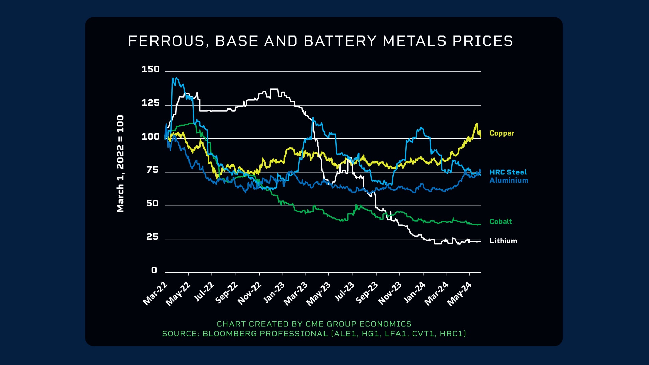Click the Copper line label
tap(502, 133)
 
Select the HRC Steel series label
tap(508, 172)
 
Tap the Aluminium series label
tap(509, 180)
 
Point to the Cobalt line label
tap(501, 222)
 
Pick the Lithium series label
tap(503, 241)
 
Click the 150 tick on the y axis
tap(150, 69)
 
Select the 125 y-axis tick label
tap(150, 103)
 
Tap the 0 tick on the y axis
tap(154, 270)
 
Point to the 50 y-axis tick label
tap(152, 203)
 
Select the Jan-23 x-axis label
tap(274, 293)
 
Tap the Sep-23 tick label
tap(367, 293)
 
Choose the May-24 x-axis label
tap(459, 294)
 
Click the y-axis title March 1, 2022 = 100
tap(120, 164)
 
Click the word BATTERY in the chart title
tap(340, 41)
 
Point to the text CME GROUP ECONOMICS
tap(358, 324)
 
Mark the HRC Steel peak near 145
tap(174, 78)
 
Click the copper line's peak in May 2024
tap(477, 124)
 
